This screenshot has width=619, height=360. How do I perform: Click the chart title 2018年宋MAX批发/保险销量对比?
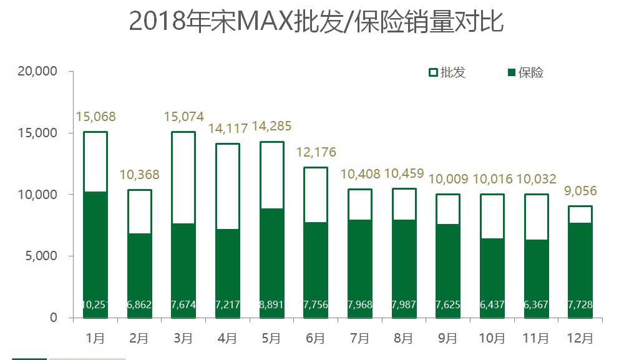click(316, 21)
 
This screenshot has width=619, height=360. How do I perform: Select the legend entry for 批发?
click(447, 72)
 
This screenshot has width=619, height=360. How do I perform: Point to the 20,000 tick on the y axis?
click(38, 72)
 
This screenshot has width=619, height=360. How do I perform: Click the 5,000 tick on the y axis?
click(41, 256)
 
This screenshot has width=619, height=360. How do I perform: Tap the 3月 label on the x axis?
click(183, 338)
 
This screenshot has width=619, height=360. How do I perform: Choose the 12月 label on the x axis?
click(580, 338)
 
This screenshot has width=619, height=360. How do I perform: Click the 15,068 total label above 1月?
click(95, 117)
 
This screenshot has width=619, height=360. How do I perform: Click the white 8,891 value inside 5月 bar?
click(272, 305)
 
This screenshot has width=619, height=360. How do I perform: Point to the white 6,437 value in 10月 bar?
click(492, 305)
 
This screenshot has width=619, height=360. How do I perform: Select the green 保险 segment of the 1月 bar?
click(95, 250)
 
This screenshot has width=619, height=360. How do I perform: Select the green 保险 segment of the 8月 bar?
click(404, 262)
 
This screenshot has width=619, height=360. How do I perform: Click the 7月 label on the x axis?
click(360, 338)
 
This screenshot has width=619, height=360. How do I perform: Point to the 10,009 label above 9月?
click(448, 180)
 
